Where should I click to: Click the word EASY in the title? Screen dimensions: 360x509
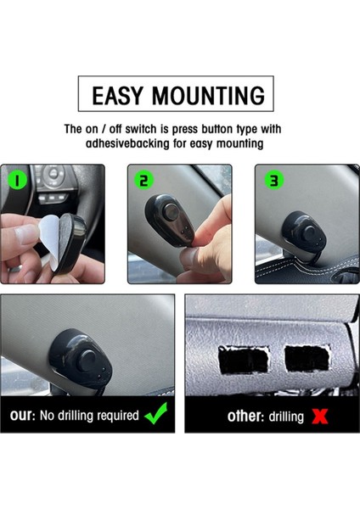pos(117,95)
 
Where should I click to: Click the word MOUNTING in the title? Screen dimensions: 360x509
pos(209,95)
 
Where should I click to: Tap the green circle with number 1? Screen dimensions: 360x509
pos(17,181)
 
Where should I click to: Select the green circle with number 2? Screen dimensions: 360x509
pos(144,181)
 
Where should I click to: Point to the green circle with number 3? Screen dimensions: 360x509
pos(274,181)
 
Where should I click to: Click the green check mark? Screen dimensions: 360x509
pos(156,414)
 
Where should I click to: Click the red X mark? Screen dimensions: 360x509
pos(320,417)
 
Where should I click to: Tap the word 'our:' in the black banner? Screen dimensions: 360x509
pos(22,416)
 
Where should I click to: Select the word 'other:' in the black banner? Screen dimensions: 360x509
pos(245,417)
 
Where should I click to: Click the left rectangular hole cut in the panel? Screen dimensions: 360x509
pos(244,360)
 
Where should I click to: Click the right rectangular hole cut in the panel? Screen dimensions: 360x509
pos(307,358)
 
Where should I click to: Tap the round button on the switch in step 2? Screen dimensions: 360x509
pos(171,211)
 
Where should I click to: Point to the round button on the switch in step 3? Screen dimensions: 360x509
pos(309,232)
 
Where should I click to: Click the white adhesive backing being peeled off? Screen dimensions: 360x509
pos(49,238)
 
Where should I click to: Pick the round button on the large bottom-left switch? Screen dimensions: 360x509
pos(88,361)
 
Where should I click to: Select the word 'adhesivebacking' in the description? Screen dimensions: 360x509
pos(127,143)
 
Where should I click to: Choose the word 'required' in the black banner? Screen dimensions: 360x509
pos(118,416)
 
